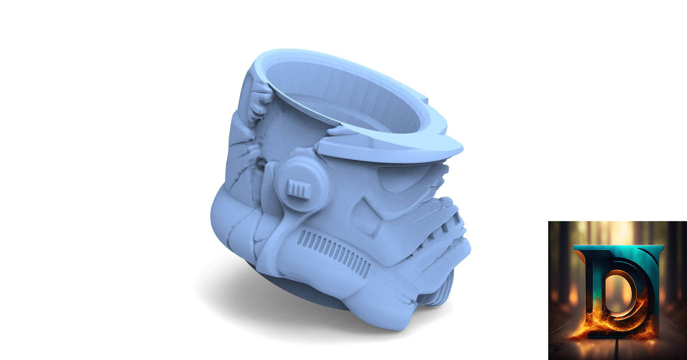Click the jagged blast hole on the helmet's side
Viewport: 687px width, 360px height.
pyautogui.click(x=273, y=133)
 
